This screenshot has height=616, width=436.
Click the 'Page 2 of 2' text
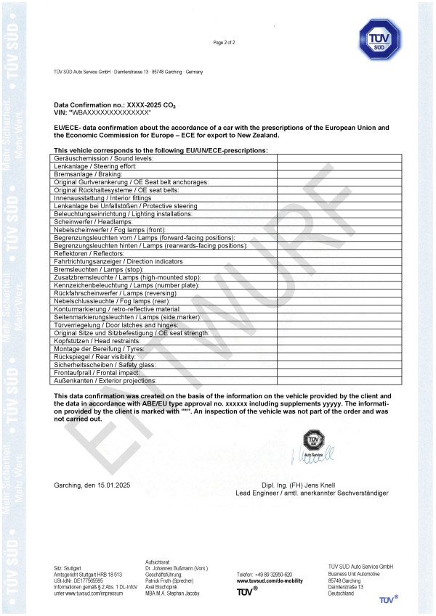pos(224,43)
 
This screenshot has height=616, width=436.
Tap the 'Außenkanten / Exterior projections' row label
pos(105,380)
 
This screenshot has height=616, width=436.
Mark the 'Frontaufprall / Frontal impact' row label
pos(96,372)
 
